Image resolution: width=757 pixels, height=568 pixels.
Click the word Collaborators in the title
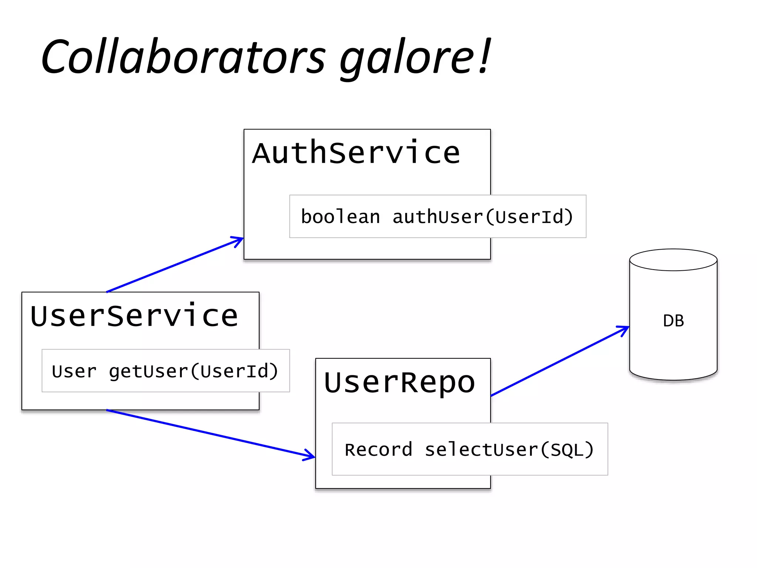click(x=183, y=56)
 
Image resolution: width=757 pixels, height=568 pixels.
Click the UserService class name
click(x=134, y=316)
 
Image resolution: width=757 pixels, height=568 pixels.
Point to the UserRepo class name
click(x=399, y=382)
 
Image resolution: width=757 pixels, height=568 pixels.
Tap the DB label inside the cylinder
click(x=673, y=321)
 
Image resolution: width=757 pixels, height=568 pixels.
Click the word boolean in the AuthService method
click(x=340, y=217)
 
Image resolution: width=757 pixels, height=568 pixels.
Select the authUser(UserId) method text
click(x=482, y=217)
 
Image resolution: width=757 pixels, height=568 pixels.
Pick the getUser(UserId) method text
click(x=193, y=371)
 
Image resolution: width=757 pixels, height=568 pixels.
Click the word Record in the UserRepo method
click(x=378, y=450)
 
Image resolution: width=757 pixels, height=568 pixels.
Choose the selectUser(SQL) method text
click(x=509, y=450)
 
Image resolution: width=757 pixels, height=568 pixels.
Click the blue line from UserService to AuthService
click(x=174, y=265)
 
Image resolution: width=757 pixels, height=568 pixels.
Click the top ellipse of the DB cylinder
click(x=673, y=260)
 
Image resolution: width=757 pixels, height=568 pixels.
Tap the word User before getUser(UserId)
click(x=74, y=371)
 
